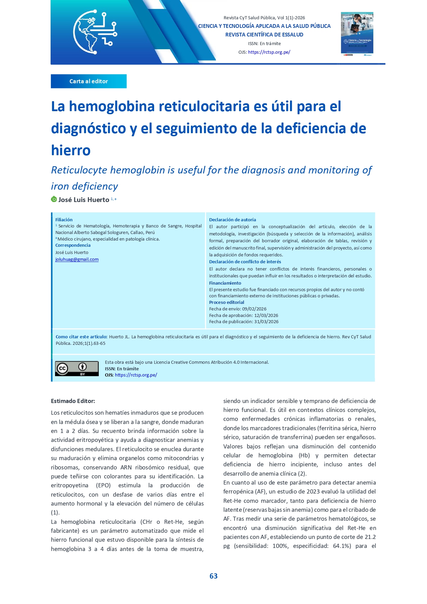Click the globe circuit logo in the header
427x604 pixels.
[x=95, y=32]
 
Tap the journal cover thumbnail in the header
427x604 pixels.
[x=357, y=34]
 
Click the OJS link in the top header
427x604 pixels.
[x=269, y=52]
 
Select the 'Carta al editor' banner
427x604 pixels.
[x=89, y=81]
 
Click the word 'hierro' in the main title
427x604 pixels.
[x=71, y=150]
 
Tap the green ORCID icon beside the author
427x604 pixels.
[x=54, y=199]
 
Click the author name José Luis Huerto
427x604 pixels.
[x=84, y=200]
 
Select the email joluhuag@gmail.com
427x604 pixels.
[x=77, y=259]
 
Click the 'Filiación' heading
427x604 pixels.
[x=64, y=220]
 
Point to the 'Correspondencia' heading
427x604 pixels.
[x=73, y=245]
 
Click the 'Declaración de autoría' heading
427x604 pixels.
[x=233, y=220]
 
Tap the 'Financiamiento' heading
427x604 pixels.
[x=225, y=283]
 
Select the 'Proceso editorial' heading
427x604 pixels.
[x=227, y=303]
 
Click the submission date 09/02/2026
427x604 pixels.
[x=254, y=309]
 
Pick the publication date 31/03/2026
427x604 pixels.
[x=266, y=322]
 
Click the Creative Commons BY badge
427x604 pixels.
[x=77, y=369]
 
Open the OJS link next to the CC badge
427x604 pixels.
[x=136, y=375]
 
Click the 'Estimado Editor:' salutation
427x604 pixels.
[x=73, y=401]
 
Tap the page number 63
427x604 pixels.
[x=213, y=576]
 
